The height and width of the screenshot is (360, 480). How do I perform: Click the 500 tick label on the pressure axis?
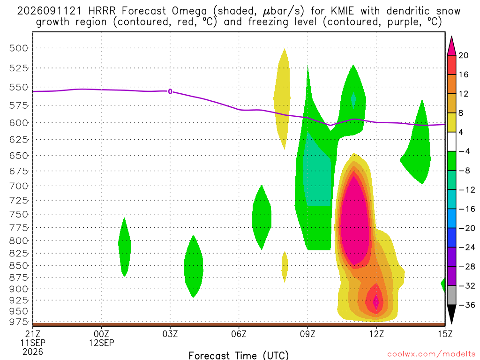(x=18, y=48)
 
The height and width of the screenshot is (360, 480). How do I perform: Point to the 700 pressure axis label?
(x=18, y=186)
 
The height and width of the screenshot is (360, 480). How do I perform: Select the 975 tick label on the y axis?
(x=18, y=322)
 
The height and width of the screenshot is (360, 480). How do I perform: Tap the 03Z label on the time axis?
(x=170, y=334)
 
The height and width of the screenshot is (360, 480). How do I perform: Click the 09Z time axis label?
(x=307, y=334)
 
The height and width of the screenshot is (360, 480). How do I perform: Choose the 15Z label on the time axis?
(x=445, y=334)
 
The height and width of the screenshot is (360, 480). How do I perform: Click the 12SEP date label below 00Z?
(x=101, y=343)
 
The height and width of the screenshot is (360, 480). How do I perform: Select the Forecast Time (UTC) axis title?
(x=239, y=355)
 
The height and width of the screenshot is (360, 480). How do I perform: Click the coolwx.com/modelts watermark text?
(x=431, y=354)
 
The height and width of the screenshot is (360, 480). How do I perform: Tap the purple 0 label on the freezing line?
(x=170, y=91)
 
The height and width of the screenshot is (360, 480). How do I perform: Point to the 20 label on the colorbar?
(x=463, y=55)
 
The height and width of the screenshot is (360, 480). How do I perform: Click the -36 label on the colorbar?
(x=466, y=305)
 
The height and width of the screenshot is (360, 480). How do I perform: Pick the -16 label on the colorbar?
(x=466, y=209)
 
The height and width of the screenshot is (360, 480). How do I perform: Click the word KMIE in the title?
(x=342, y=11)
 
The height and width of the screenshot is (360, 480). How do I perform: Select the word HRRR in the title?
(x=102, y=11)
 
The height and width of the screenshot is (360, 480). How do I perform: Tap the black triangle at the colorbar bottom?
(x=451, y=315)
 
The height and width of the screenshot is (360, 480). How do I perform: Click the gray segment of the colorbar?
(x=451, y=295)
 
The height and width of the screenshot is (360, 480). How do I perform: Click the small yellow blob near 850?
(x=285, y=266)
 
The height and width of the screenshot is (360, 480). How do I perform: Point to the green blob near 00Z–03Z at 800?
(x=125, y=247)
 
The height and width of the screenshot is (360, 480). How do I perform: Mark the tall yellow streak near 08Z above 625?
(x=282, y=99)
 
